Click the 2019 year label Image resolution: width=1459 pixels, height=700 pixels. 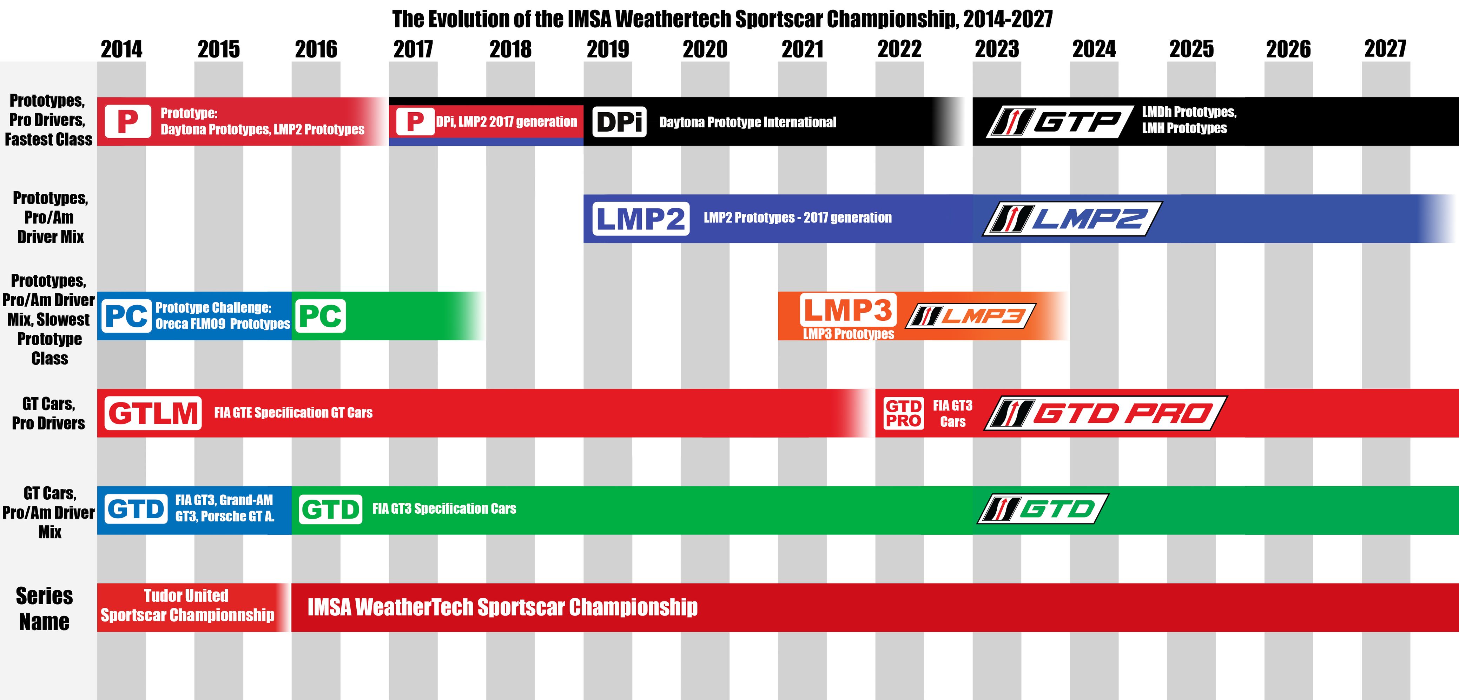pyautogui.click(x=608, y=49)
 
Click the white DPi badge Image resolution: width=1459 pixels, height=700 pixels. pyautogui.click(x=620, y=122)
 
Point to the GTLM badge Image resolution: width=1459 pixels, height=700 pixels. pyautogui.click(x=153, y=413)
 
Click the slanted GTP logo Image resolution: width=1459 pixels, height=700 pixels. pyautogui.click(x=1060, y=122)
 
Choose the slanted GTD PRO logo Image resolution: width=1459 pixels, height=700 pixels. pyautogui.click(x=1105, y=413)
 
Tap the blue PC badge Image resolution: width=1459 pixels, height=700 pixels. pyautogui.click(x=127, y=316)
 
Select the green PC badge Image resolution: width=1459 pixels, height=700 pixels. pyautogui.click(x=321, y=316)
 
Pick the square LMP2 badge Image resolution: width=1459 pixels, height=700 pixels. pyautogui.click(x=641, y=219)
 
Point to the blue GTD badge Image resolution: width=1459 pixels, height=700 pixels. pyautogui.click(x=136, y=509)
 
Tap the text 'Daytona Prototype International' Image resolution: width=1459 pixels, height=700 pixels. pyautogui.click(x=748, y=122)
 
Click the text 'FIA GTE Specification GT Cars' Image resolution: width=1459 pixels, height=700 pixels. pyautogui.click(x=293, y=413)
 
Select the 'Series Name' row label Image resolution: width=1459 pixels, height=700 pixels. pyautogui.click(x=44, y=608)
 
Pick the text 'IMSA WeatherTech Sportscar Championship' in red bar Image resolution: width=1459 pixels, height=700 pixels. pyautogui.click(x=502, y=607)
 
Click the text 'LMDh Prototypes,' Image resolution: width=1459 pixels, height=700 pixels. pyautogui.click(x=1189, y=112)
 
